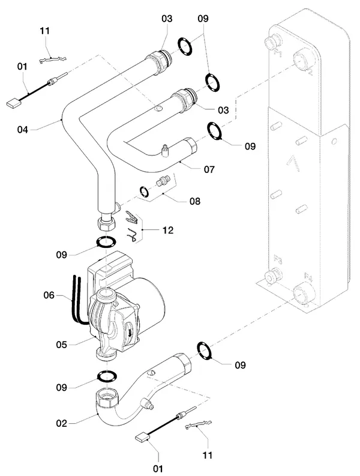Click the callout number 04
tap(22, 130)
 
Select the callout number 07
tap(209, 169)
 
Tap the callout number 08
tap(195, 201)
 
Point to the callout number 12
tap(168, 230)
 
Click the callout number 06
tap(49, 295)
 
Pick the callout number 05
tap(61, 345)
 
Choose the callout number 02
tap(61, 423)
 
